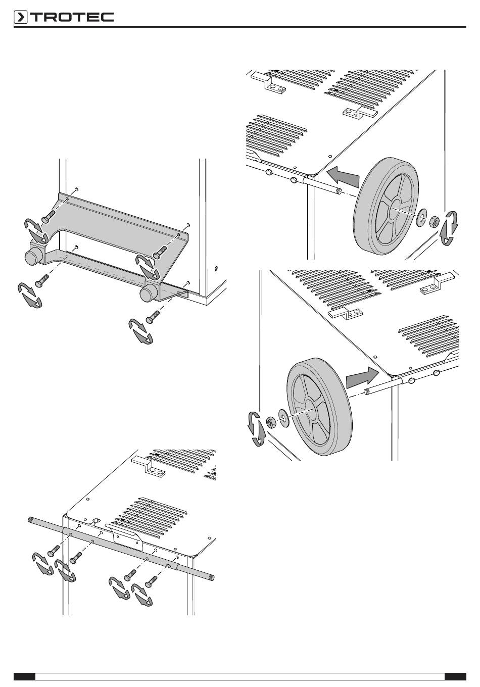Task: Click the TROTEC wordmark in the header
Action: point(73,17)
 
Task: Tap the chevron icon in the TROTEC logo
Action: point(20,17)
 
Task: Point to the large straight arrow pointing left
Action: point(343,176)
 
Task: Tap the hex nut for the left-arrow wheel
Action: point(434,221)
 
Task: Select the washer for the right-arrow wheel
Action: point(283,418)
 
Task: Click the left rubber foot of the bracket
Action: point(32,256)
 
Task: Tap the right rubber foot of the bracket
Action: point(147,293)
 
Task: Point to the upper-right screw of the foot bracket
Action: point(160,252)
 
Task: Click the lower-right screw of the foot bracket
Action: point(153,316)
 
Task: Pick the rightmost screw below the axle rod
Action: point(151,580)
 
